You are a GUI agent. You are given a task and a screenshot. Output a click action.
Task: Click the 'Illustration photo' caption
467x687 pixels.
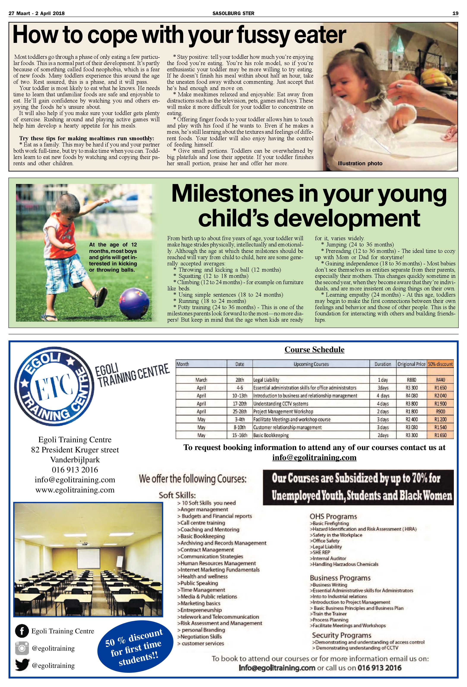pos(360,164)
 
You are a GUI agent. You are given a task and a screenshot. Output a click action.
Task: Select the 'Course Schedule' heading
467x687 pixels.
pos(314,349)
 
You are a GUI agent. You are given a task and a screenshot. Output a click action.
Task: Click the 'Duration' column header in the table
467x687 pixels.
pos(383,364)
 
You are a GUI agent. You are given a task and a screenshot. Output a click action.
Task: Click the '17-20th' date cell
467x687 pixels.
pos(239,403)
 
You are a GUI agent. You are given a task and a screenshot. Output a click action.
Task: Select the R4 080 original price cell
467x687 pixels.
pos(411,396)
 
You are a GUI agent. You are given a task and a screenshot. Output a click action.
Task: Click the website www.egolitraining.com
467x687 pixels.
pos(75,490)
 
